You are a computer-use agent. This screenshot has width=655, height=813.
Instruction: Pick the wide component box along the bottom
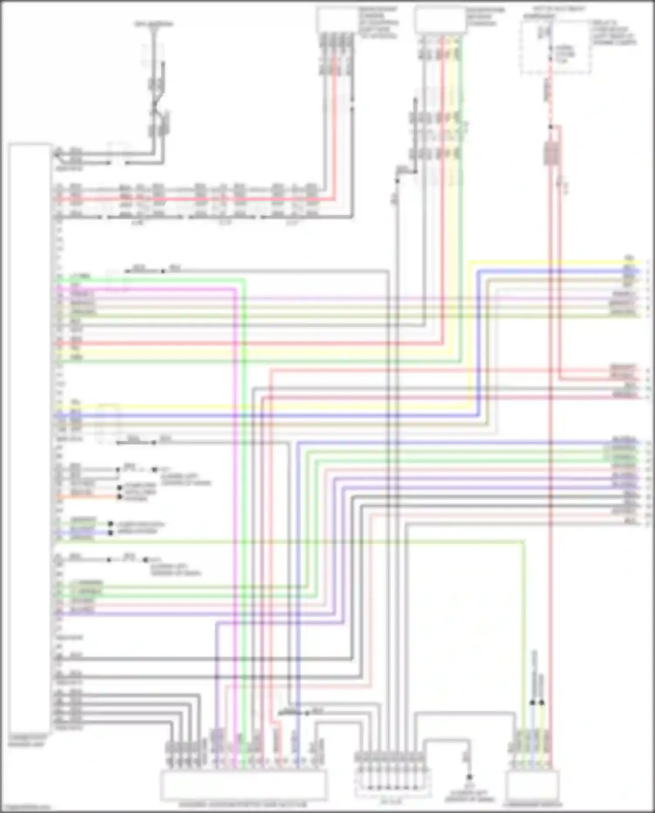(243, 785)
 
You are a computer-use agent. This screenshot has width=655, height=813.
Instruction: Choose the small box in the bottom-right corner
(532, 785)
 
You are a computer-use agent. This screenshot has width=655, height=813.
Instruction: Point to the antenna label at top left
(154, 24)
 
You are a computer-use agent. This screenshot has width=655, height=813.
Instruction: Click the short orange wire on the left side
(87, 497)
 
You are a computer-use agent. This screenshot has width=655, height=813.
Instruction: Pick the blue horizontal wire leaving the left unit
(262, 415)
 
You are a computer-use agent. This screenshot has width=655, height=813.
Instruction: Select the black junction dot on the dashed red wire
(550, 127)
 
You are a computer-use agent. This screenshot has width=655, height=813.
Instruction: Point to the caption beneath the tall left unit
(26, 740)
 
